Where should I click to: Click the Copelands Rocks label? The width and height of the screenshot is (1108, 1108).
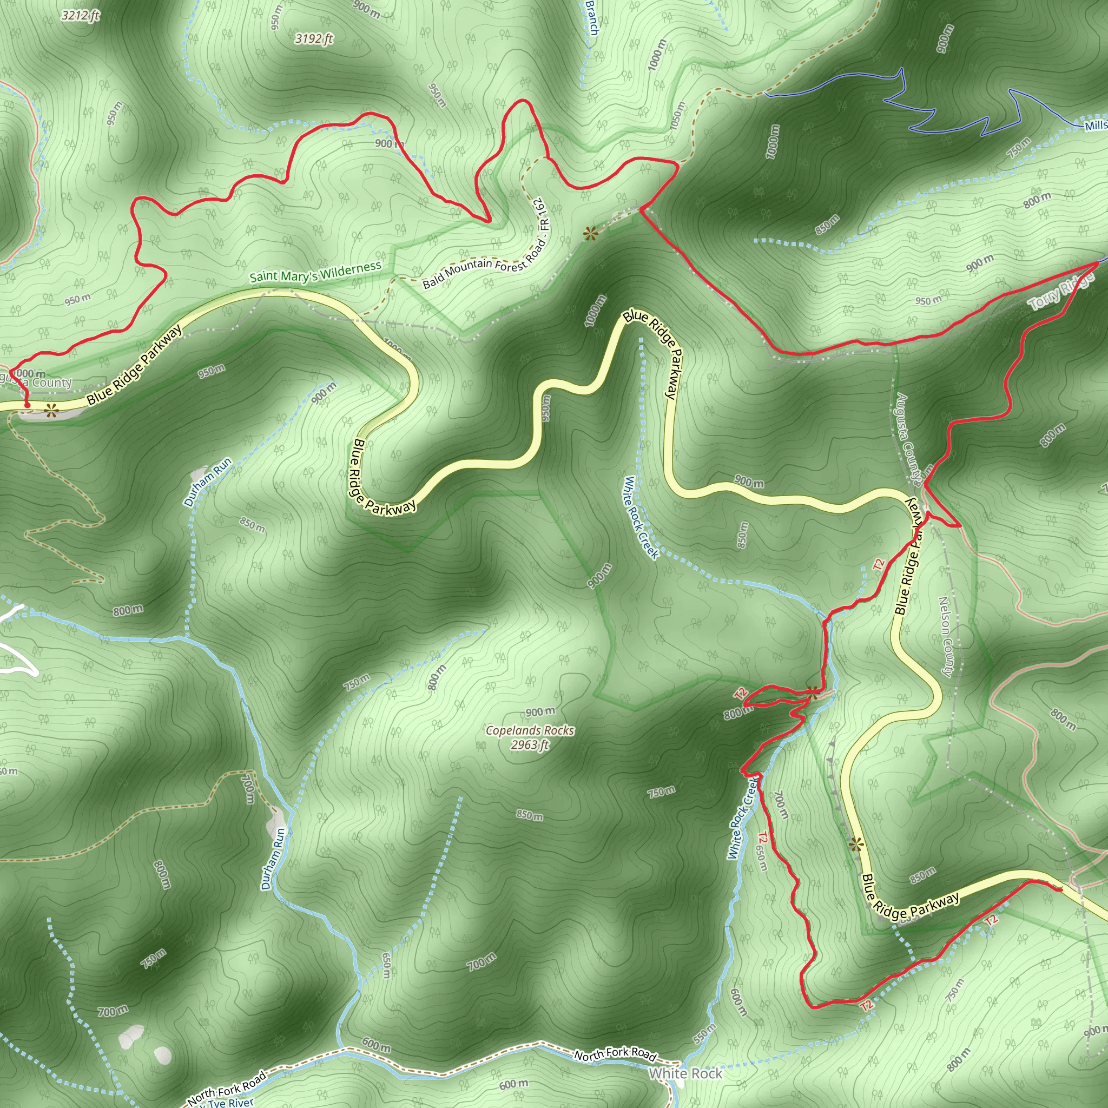click(x=529, y=730)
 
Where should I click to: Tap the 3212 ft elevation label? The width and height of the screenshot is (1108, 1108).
click(x=80, y=16)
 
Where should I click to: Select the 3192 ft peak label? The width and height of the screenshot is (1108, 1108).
click(x=314, y=39)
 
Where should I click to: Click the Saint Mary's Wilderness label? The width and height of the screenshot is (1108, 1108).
click(x=315, y=271)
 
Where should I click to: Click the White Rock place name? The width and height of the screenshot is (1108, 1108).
click(x=685, y=1073)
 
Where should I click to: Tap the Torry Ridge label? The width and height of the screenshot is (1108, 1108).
click(x=1060, y=292)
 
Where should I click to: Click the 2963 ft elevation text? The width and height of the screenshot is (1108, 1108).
click(x=529, y=744)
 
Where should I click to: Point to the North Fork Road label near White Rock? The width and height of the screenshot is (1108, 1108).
click(x=615, y=1053)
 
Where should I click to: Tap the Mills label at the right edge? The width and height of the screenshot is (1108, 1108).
click(x=1096, y=125)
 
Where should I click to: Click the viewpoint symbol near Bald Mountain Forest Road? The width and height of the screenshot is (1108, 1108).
click(x=590, y=233)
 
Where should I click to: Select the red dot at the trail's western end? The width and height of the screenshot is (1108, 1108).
click(x=27, y=405)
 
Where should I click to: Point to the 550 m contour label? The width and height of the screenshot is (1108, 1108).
click(x=704, y=1033)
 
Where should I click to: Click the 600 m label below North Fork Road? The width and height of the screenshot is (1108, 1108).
click(x=513, y=1084)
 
